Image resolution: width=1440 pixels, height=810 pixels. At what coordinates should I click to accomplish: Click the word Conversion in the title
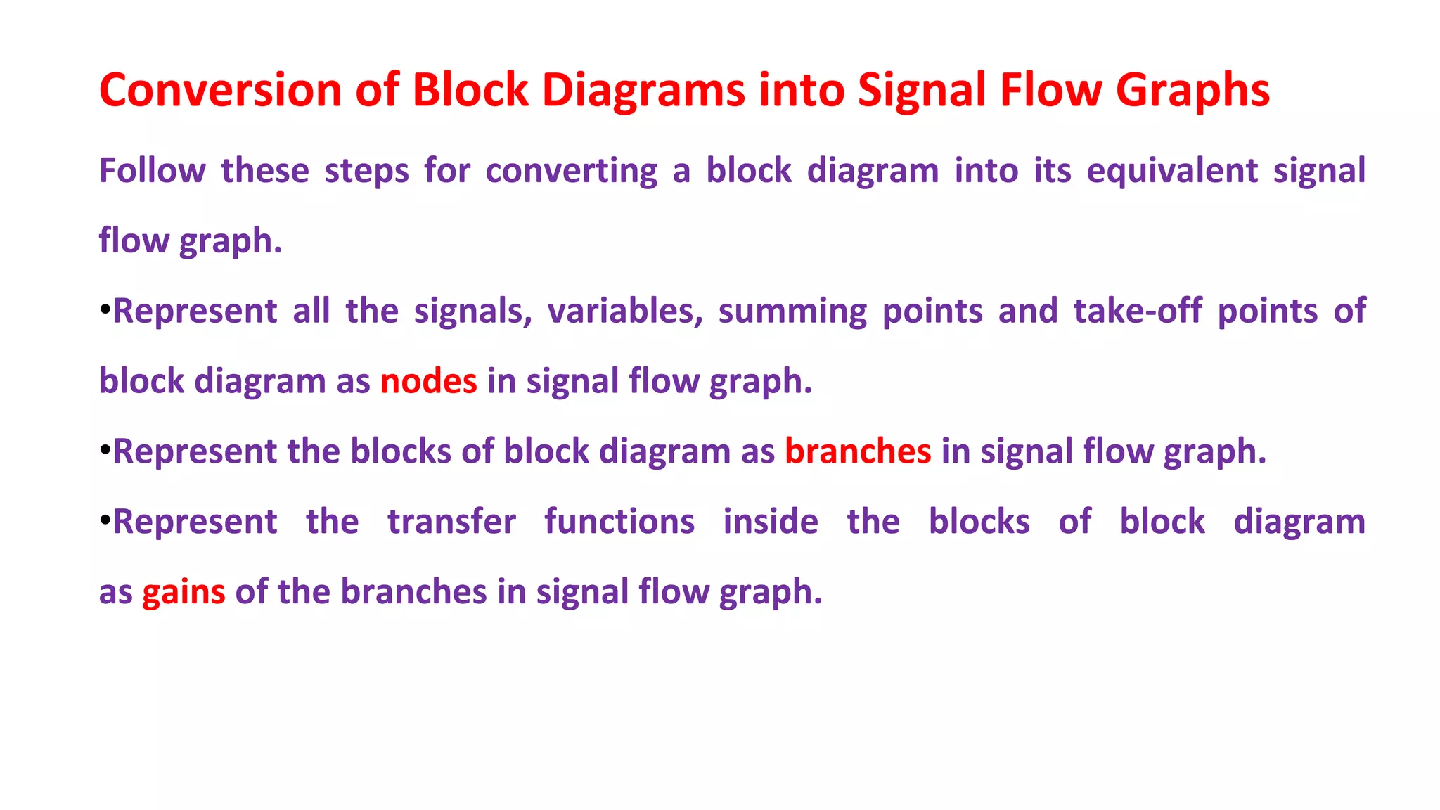pyautogui.click(x=220, y=91)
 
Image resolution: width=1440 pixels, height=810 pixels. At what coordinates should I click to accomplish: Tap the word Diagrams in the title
pyautogui.click(x=643, y=91)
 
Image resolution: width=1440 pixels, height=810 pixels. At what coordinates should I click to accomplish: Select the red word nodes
pyautogui.click(x=428, y=381)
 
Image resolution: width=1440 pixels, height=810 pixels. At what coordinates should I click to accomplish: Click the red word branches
pyautogui.click(x=857, y=451)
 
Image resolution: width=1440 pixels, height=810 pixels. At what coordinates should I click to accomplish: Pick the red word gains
pyautogui.click(x=184, y=592)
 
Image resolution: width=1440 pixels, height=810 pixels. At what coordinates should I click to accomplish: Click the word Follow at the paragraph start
pyautogui.click(x=152, y=171)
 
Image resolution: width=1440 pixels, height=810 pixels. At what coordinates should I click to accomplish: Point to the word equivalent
pyautogui.click(x=1171, y=171)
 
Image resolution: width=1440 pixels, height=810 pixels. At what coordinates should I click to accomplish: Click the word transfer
pyautogui.click(x=451, y=522)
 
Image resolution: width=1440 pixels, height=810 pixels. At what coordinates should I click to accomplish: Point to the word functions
pyautogui.click(x=619, y=522)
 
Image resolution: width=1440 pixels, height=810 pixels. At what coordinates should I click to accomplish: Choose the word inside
pyautogui.click(x=771, y=522)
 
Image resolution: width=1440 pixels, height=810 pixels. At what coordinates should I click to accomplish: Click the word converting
pyautogui.click(x=571, y=172)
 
